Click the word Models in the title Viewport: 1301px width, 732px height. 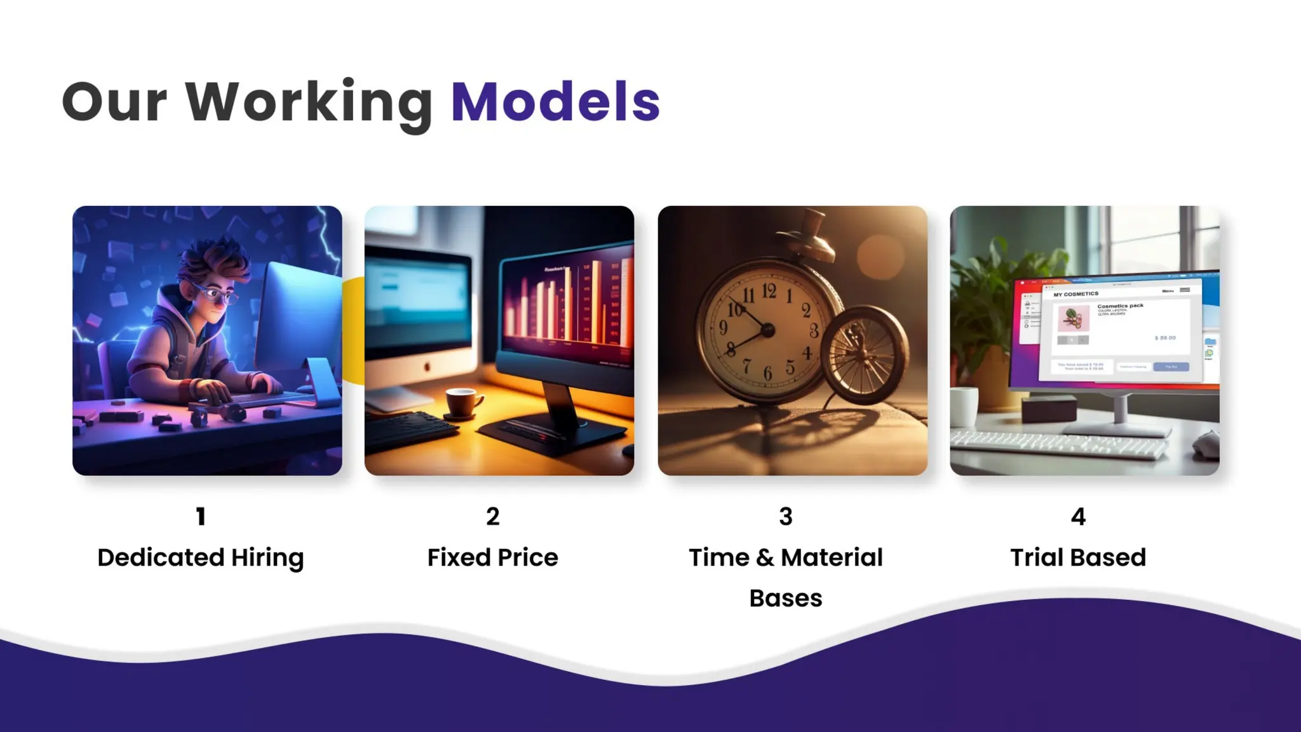pyautogui.click(x=555, y=102)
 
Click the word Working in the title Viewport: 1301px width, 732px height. pyautogui.click(x=309, y=102)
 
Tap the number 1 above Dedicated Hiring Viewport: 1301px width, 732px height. pyautogui.click(x=201, y=517)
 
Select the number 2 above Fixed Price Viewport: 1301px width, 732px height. pyautogui.click(x=493, y=517)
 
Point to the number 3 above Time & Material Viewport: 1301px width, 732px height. pyautogui.click(x=786, y=517)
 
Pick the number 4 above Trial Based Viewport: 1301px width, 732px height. pyautogui.click(x=1078, y=517)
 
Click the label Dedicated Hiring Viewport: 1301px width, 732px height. pyautogui.click(x=201, y=557)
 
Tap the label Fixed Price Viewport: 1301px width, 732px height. pyautogui.click(x=493, y=557)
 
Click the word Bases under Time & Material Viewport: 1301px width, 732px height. pyautogui.click(x=786, y=598)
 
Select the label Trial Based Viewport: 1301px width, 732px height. pyautogui.click(x=1078, y=557)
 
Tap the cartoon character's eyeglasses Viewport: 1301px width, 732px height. pyautogui.click(x=217, y=294)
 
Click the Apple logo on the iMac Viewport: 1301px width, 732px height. pyautogui.click(x=427, y=367)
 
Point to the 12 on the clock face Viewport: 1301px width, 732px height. pyautogui.click(x=769, y=292)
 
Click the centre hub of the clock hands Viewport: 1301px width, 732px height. pyautogui.click(x=767, y=330)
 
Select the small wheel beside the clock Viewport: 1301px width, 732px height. pyautogui.click(x=864, y=355)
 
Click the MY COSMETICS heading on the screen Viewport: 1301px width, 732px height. pyautogui.click(x=1075, y=294)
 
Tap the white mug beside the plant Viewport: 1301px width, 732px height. pyautogui.click(x=964, y=406)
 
